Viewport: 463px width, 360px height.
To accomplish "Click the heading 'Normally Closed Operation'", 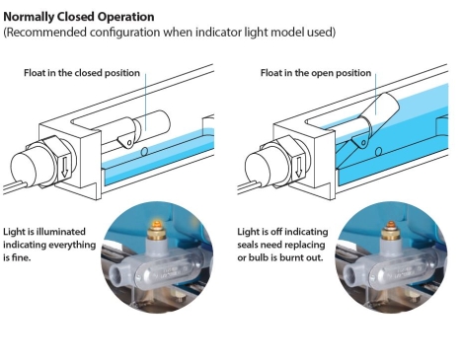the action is (79, 17).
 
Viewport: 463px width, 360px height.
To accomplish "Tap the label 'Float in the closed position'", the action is (82, 73).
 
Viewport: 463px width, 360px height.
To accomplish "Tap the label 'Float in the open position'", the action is (316, 73).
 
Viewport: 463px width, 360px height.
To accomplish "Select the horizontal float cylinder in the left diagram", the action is (151, 124).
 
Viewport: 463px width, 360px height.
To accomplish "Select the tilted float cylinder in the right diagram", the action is (379, 110).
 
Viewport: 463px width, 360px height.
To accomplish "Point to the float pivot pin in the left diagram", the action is (129, 143).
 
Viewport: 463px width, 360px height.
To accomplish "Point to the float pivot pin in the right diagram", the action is (363, 143).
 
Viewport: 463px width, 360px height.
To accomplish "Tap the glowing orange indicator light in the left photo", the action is (155, 225).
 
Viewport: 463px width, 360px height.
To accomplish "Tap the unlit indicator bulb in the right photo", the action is (390, 226).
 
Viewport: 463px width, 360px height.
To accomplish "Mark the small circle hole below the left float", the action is (144, 152).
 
